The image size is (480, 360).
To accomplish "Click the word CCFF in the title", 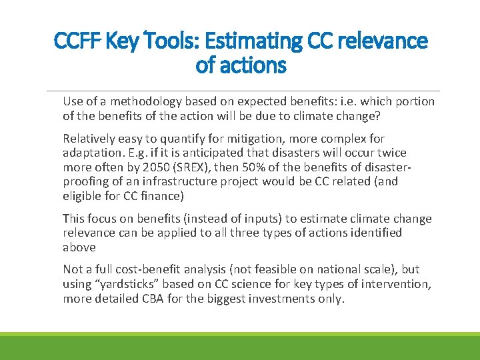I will (x=75, y=41).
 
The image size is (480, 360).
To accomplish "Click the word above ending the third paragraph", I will (x=79, y=247).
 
